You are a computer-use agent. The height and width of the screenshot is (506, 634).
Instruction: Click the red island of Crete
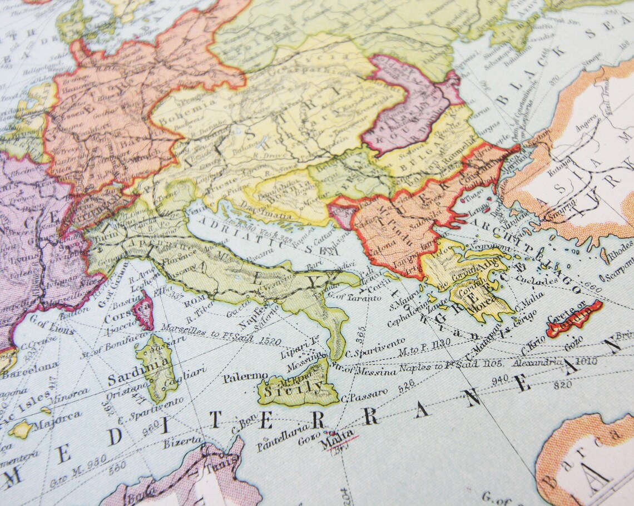pos(573,319)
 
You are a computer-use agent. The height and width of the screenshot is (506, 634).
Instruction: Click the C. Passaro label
pos(364,395)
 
